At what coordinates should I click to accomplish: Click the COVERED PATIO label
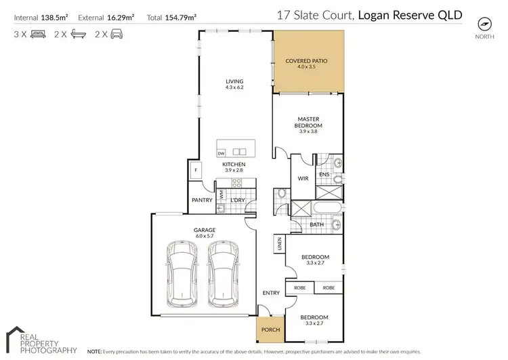306,61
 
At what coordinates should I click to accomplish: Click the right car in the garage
224,271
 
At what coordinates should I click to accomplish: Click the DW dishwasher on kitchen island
221,153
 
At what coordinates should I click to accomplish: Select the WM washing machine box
221,195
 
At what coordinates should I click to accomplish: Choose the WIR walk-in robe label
303,178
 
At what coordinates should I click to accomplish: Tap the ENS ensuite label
324,175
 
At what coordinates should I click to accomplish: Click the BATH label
317,224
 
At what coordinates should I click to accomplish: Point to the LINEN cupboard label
278,245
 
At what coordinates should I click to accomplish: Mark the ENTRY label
271,293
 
